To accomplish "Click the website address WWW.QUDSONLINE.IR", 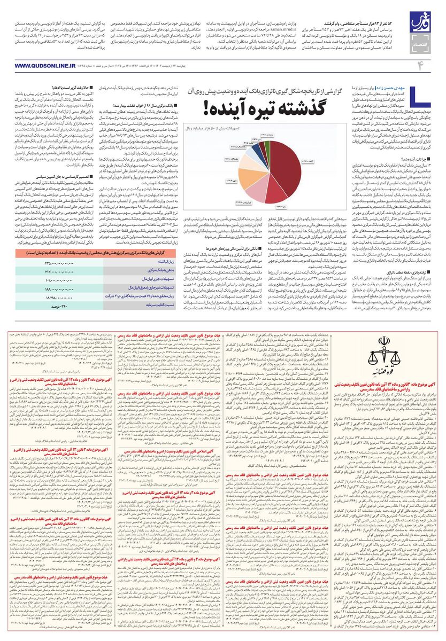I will (x=37, y=66).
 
